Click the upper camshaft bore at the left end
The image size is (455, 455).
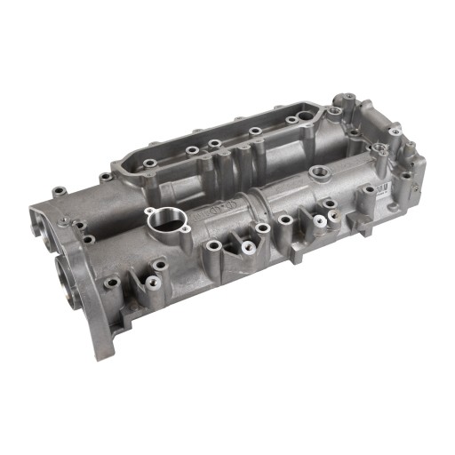pyautogui.click(x=44, y=223)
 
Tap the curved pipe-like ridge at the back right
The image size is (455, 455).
pyautogui.click(x=391, y=142)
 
